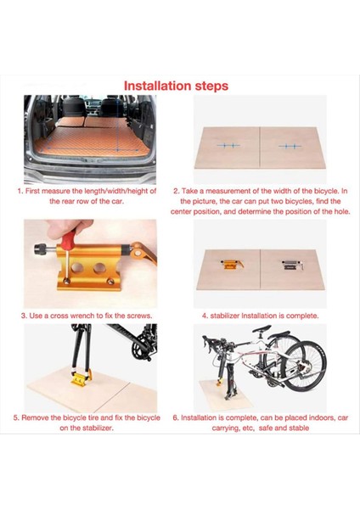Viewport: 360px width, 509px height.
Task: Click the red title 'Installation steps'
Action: [x=176, y=86]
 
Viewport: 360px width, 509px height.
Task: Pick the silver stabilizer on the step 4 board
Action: [x=292, y=264]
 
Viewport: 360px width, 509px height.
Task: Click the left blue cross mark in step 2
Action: [x=228, y=145]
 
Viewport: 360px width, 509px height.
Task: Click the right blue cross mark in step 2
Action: [x=290, y=147]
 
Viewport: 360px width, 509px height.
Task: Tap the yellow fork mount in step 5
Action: [x=81, y=378]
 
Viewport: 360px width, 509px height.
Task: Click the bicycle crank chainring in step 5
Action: [x=141, y=349]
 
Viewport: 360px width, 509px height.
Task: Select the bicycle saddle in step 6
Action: [x=262, y=328]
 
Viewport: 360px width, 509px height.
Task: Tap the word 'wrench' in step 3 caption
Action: [x=87, y=316]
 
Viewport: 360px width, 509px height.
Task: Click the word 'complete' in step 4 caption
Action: [x=302, y=316]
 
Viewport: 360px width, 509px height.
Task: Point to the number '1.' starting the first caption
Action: [x=20, y=191]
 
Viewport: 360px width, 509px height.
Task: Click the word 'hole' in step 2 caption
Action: [x=344, y=211]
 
